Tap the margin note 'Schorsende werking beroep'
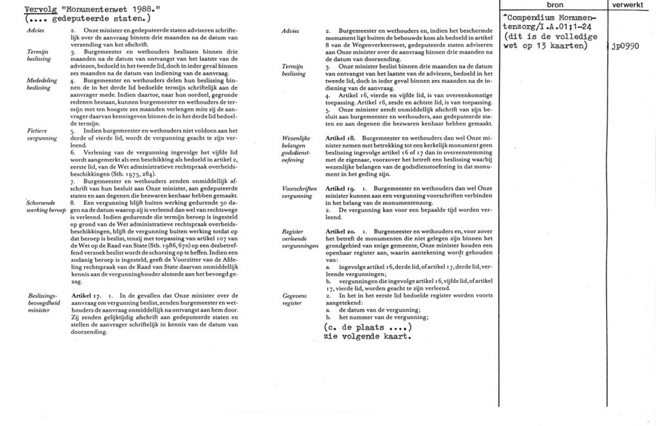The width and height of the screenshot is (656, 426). click(x=46, y=207)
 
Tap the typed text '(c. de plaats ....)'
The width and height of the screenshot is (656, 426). click(x=367, y=328)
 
